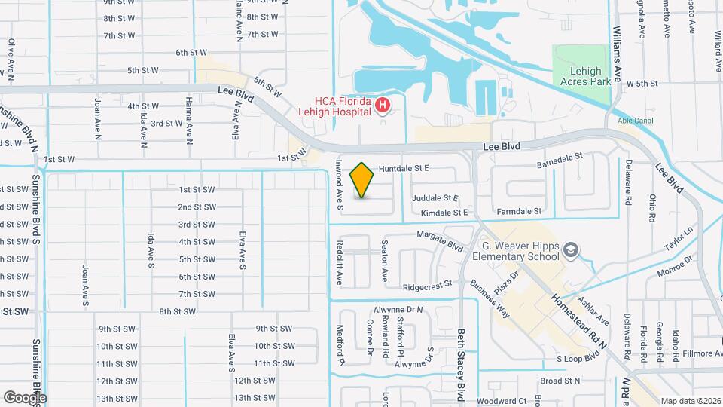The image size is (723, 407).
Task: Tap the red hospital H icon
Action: [382, 105]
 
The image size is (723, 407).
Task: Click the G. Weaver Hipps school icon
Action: [572, 249]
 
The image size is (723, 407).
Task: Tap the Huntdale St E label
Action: [404, 169]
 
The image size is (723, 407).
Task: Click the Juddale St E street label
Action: [435, 198]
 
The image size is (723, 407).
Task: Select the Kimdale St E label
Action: [434, 213]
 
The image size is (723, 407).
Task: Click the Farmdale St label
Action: [520, 213]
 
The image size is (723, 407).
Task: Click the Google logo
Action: [24, 397]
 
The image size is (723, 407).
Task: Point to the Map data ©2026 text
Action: [689, 401]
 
